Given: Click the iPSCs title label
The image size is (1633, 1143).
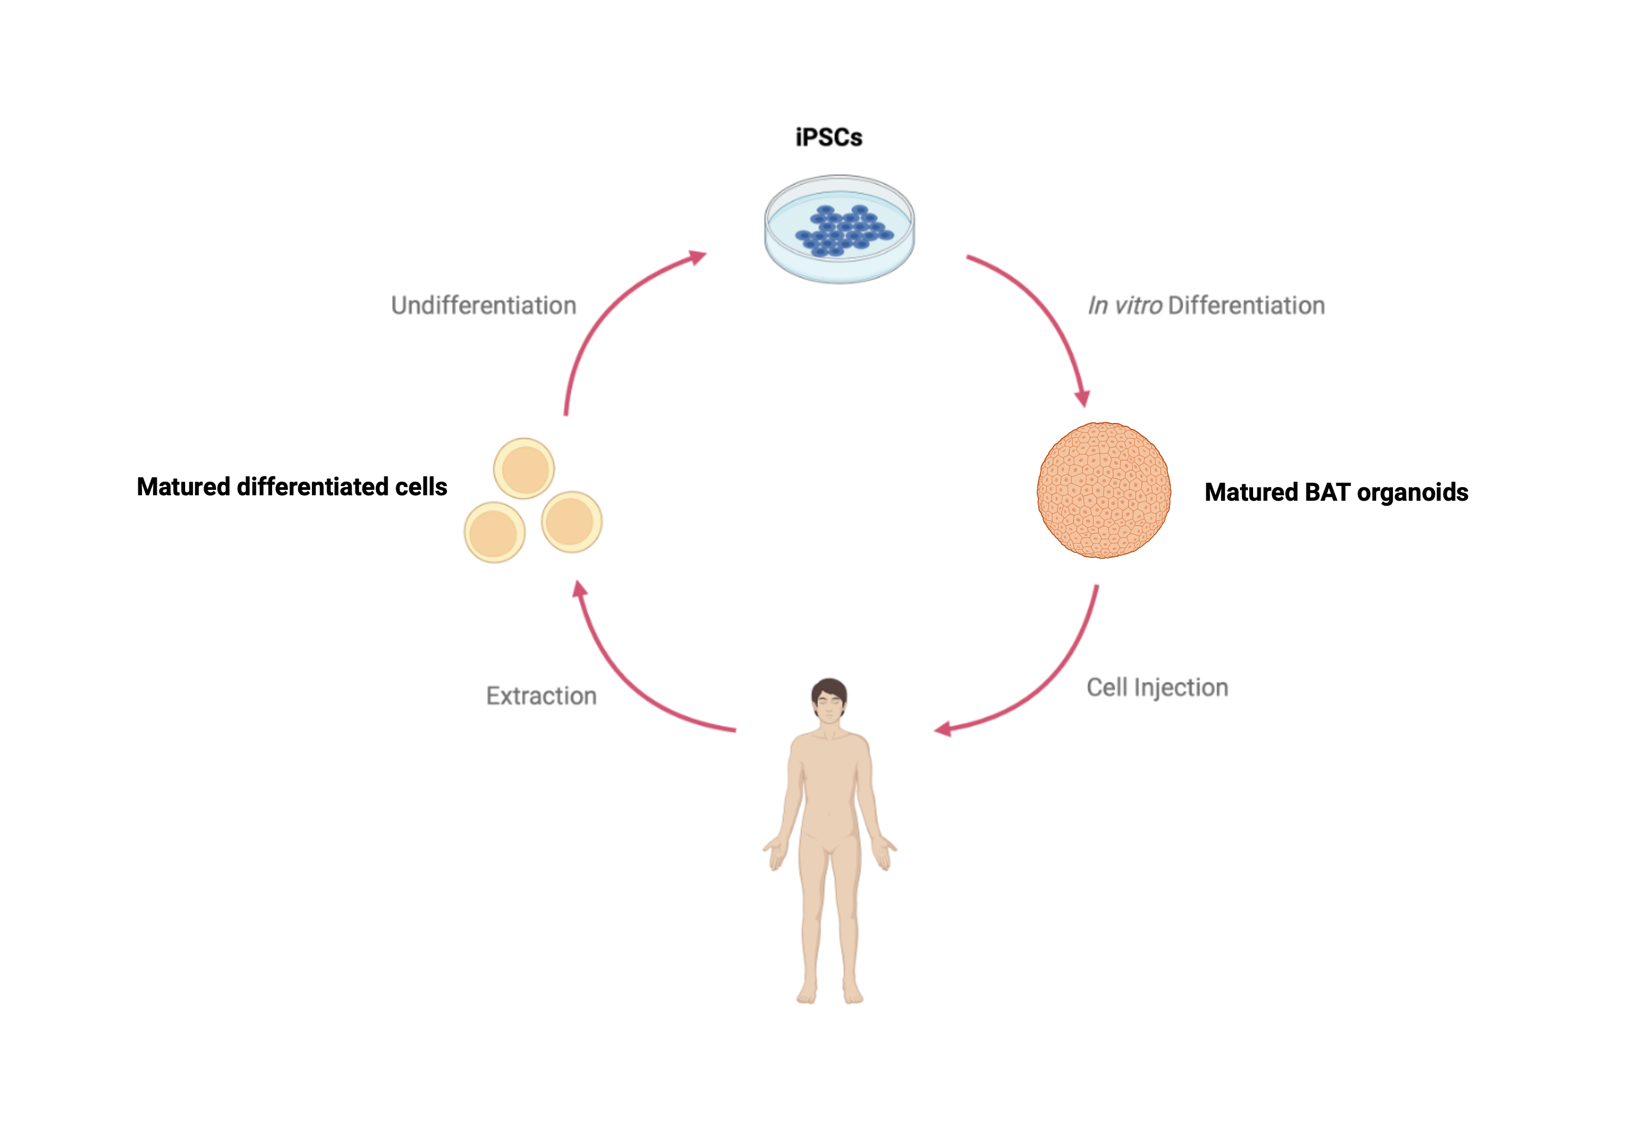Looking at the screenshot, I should coord(828,137).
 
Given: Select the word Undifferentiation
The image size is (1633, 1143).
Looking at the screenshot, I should coord(484,305).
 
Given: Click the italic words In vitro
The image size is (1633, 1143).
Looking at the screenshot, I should coord(1125,305).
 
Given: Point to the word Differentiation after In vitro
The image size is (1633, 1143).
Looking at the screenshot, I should coord(1246,305).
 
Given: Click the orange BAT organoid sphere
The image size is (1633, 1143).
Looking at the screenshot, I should coord(1103,490).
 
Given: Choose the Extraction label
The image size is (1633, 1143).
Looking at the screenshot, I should coord(541,696).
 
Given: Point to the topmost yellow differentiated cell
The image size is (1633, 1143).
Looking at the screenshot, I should coord(524,469).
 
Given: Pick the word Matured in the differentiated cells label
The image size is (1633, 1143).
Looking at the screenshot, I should coord(183,487).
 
